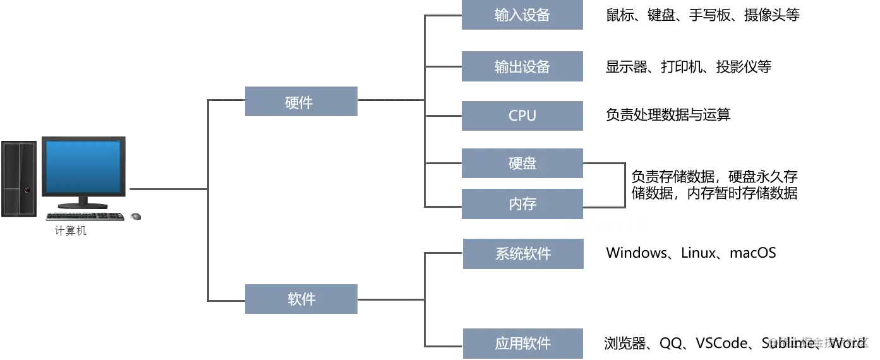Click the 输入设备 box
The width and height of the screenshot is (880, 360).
522,15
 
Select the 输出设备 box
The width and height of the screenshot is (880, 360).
522,68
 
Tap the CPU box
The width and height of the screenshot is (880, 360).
522,116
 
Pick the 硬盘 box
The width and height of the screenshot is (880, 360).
522,164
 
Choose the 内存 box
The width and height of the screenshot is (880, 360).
522,204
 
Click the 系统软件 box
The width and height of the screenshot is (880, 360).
522,255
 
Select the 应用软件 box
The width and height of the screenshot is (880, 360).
522,344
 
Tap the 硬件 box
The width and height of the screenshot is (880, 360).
300,101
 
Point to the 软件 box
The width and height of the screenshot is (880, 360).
300,300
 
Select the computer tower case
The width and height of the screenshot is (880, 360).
19,178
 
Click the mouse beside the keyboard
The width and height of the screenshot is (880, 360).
134,217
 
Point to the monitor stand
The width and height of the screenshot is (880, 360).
83,203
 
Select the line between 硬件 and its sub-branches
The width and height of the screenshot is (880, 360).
389,99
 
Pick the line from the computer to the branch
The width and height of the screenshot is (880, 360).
167,189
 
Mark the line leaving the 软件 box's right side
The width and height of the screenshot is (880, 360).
389,301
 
